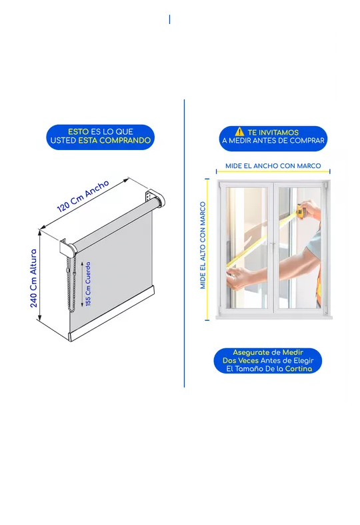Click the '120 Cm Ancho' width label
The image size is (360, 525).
[83, 196]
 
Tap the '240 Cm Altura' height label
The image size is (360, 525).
[33, 278]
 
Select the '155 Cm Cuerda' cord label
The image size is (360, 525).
[88, 284]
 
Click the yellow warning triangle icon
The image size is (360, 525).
[239, 131]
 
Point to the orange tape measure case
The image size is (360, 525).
[301, 211]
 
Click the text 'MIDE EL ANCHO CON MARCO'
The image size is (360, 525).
[273, 165]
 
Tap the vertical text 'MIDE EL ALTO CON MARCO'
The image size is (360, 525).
[203, 245]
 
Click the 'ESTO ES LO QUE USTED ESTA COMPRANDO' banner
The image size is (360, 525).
[101, 137]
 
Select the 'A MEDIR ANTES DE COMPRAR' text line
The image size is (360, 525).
[273, 141]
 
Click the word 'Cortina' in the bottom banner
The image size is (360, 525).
[299, 369]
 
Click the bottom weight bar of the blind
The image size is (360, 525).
[112, 314]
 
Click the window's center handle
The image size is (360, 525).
[273, 246]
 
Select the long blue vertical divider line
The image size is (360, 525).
[184, 243]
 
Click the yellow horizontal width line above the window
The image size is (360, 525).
[273, 171]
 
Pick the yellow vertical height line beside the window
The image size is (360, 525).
[207, 249]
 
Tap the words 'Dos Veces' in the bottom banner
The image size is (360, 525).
[241, 361]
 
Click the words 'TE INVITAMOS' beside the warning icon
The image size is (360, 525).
[273, 132]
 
